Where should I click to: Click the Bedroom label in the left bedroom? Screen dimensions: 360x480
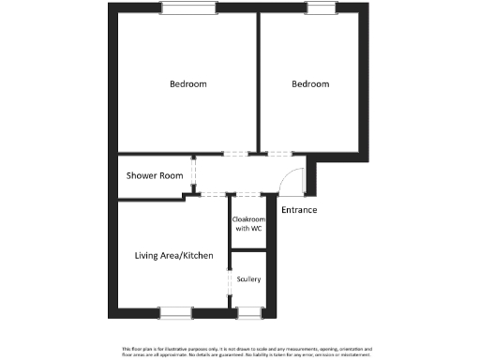tap(187, 84)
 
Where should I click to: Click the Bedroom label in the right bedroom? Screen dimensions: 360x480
tap(310, 84)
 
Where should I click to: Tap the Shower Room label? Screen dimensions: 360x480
tap(155, 175)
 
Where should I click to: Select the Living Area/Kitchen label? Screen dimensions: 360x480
tap(174, 256)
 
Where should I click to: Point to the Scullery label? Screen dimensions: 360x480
tap(248, 279)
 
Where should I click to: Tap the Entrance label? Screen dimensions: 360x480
tap(299, 209)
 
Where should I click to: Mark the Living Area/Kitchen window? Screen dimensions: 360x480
tap(175, 312)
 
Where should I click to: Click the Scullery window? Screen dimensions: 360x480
tap(249, 312)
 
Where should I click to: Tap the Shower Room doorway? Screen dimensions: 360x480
tap(193, 174)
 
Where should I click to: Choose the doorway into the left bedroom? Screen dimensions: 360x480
tap(234, 154)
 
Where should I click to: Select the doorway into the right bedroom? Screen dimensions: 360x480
tap(279, 154)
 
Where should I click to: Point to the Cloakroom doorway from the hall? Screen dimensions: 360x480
tap(248, 195)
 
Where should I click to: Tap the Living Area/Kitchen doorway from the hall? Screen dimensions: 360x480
tap(216, 195)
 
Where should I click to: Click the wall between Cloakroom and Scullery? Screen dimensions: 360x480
tap(248, 250)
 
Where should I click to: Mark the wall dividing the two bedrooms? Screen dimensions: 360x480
tap(257, 84)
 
